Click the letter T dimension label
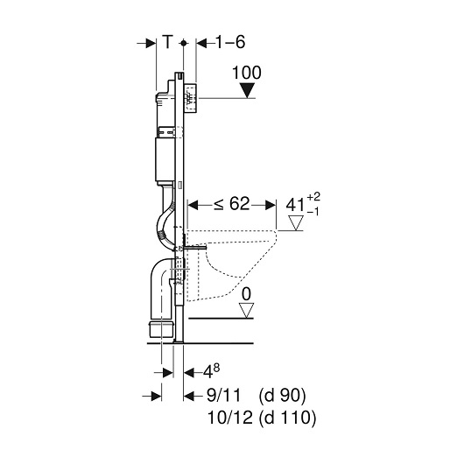click(x=168, y=42)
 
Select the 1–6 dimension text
click(x=230, y=42)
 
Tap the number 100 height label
click(x=247, y=73)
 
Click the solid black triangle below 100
click(x=247, y=90)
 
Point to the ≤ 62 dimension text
click(x=232, y=204)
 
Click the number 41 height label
click(x=295, y=205)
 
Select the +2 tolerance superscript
click(x=313, y=197)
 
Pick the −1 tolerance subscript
click(x=313, y=212)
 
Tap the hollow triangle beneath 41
click(x=296, y=223)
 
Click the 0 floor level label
click(x=246, y=294)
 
